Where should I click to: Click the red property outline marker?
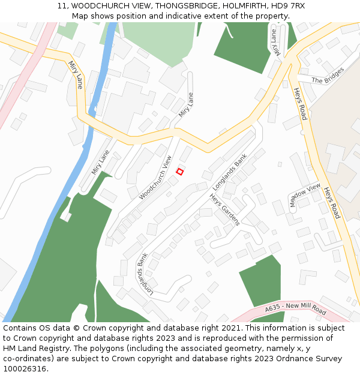(179, 172)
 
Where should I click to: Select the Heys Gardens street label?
(225, 209)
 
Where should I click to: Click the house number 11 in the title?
(62, 6)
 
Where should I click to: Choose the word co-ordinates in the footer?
(27, 359)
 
